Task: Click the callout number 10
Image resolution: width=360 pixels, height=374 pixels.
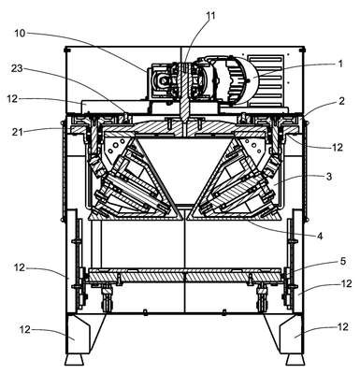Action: [x=20, y=33]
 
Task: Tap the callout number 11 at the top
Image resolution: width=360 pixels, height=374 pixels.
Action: [x=211, y=16]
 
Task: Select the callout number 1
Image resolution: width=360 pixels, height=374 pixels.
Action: [x=340, y=64]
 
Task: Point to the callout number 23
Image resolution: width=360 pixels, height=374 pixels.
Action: [x=17, y=68]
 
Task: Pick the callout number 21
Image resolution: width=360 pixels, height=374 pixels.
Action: [x=18, y=132]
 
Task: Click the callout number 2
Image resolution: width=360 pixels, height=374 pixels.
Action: [x=341, y=101]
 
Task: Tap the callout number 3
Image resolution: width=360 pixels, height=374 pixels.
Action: [x=329, y=177]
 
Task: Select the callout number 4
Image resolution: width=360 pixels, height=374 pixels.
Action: [x=320, y=236]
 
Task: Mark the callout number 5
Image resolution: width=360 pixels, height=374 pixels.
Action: [x=342, y=261]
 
